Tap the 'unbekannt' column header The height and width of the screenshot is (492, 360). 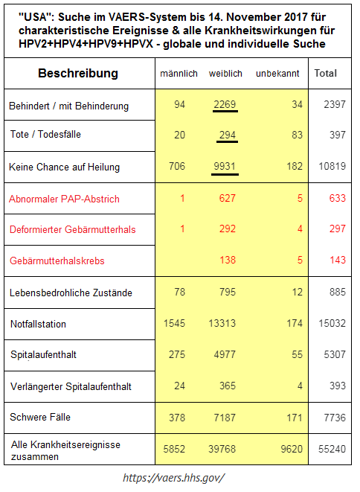click(277, 74)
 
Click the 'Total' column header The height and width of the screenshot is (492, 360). click(326, 74)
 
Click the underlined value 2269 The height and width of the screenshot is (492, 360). click(224, 105)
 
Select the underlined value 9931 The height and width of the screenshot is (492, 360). click(224, 167)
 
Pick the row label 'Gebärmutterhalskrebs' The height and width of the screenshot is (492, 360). click(57, 261)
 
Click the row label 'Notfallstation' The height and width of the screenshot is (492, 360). click(38, 324)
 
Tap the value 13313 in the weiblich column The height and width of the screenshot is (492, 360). click(221, 324)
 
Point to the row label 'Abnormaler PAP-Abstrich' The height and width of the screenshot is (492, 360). click(64, 199)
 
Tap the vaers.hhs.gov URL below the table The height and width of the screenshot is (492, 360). click(173, 477)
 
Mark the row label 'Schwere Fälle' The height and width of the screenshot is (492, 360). click(40, 417)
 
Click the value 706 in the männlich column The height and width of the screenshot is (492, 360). click(177, 167)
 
